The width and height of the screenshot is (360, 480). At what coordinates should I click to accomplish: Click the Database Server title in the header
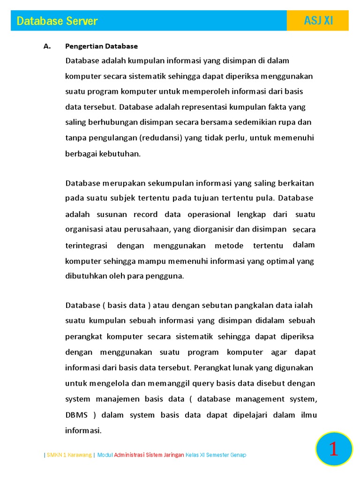(x=57, y=21)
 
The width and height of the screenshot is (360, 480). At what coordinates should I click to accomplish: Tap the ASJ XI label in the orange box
(x=318, y=21)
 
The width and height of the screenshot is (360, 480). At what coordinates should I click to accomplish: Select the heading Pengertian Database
(x=101, y=46)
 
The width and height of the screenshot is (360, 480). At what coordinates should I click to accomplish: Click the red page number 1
(x=333, y=449)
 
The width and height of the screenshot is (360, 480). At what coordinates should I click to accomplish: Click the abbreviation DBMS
(x=76, y=415)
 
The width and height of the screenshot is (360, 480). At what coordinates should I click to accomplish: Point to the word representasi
(x=197, y=107)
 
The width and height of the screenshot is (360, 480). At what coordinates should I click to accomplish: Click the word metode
(x=229, y=246)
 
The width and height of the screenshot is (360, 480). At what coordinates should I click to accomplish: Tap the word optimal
(x=279, y=261)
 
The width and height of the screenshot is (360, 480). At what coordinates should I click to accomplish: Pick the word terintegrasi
(x=86, y=246)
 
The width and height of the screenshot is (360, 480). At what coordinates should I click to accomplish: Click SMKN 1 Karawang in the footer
(x=69, y=455)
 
